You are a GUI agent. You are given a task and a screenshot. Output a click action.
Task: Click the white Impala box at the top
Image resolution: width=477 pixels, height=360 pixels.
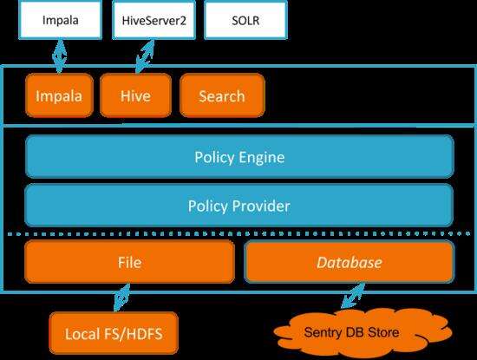[x=60, y=20]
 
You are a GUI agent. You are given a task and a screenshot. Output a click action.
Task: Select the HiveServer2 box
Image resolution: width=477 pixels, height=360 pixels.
[x=154, y=20]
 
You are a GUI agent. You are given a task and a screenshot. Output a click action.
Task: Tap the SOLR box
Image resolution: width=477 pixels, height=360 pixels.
[x=245, y=20]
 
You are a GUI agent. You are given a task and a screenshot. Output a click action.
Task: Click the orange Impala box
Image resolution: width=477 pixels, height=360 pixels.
[x=59, y=95]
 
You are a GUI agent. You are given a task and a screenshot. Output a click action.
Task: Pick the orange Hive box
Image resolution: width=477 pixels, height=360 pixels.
[x=135, y=95]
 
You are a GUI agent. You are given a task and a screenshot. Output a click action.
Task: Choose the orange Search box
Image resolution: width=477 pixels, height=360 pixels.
[x=222, y=95]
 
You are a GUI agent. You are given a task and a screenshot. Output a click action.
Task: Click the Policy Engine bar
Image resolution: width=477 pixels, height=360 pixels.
[x=239, y=157]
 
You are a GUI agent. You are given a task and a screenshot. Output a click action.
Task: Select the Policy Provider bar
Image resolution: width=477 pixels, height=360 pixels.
[x=239, y=206]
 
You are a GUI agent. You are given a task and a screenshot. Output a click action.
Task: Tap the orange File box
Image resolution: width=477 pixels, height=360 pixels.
[x=129, y=262]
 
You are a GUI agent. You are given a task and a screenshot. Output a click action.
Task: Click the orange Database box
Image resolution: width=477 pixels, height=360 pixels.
[x=350, y=262]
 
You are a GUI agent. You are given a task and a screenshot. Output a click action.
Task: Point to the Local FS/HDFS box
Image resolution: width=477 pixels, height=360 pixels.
[x=114, y=333]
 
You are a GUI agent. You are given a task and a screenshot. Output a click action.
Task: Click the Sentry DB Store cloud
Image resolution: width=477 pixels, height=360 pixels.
[x=362, y=332]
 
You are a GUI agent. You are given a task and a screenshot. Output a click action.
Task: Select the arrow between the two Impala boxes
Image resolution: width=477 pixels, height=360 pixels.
[x=60, y=56]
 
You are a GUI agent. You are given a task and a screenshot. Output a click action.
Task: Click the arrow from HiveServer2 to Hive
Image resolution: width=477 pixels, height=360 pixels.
[x=145, y=56]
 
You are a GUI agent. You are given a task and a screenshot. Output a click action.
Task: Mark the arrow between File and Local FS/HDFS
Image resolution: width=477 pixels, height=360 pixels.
[x=121, y=298]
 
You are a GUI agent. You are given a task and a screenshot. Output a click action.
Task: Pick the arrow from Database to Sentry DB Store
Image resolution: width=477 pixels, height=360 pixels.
[x=353, y=296]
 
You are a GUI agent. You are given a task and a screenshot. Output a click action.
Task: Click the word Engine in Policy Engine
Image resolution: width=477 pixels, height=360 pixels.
[x=262, y=157]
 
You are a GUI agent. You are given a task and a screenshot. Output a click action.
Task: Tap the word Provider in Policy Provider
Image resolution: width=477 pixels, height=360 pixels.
[x=261, y=206]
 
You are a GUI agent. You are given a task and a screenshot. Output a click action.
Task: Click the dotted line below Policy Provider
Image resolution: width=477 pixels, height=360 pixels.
[x=239, y=233]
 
